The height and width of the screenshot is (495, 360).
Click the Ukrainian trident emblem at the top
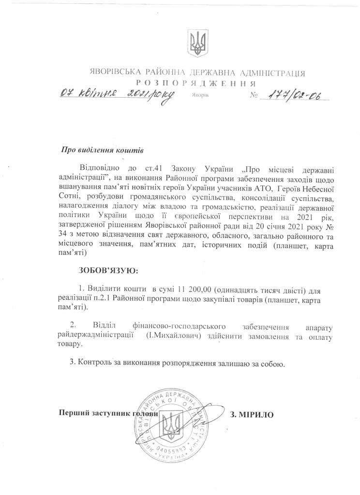pyautogui.click(x=198, y=42)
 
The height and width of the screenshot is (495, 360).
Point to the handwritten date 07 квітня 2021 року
pyautogui.click(x=116, y=94)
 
